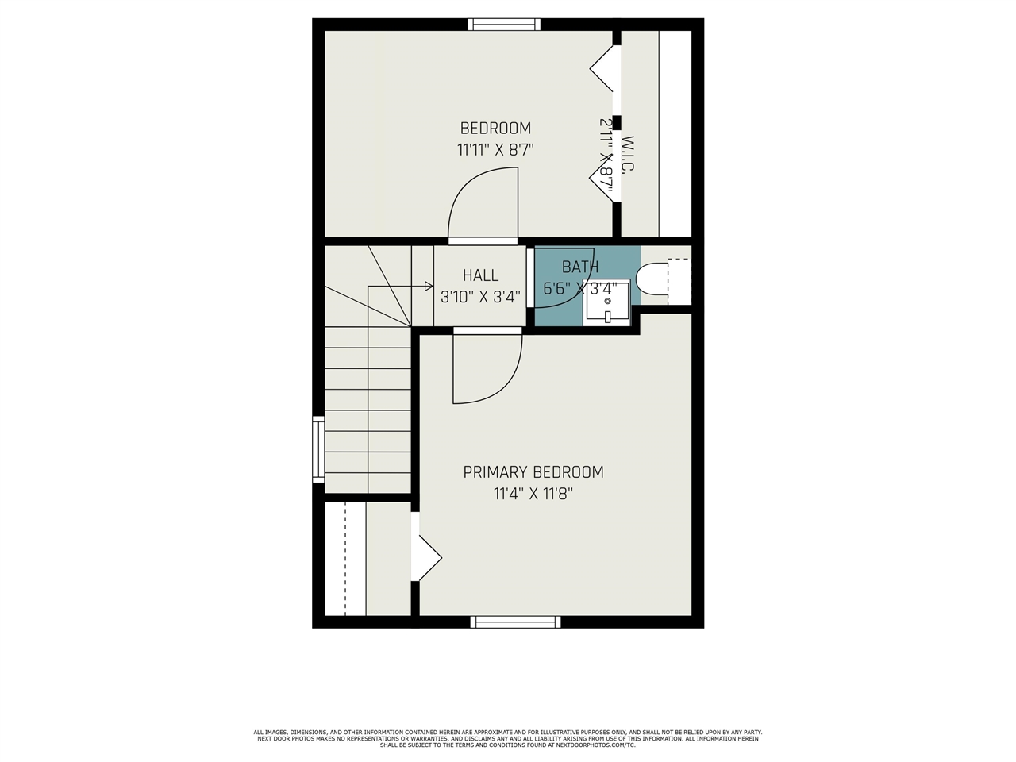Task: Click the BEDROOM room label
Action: tap(495, 128)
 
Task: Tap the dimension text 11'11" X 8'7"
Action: tap(495, 150)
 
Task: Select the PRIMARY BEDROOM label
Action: tap(533, 472)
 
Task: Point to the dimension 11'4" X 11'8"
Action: tap(533, 494)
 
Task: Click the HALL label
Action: tap(480, 275)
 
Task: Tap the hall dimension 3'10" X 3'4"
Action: tap(480, 297)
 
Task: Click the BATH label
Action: tap(580, 267)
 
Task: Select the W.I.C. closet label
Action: tap(628, 156)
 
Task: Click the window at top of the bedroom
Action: tap(504, 25)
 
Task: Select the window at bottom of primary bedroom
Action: tap(515, 622)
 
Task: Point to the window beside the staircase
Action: tap(318, 449)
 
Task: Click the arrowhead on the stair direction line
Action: tap(429, 286)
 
